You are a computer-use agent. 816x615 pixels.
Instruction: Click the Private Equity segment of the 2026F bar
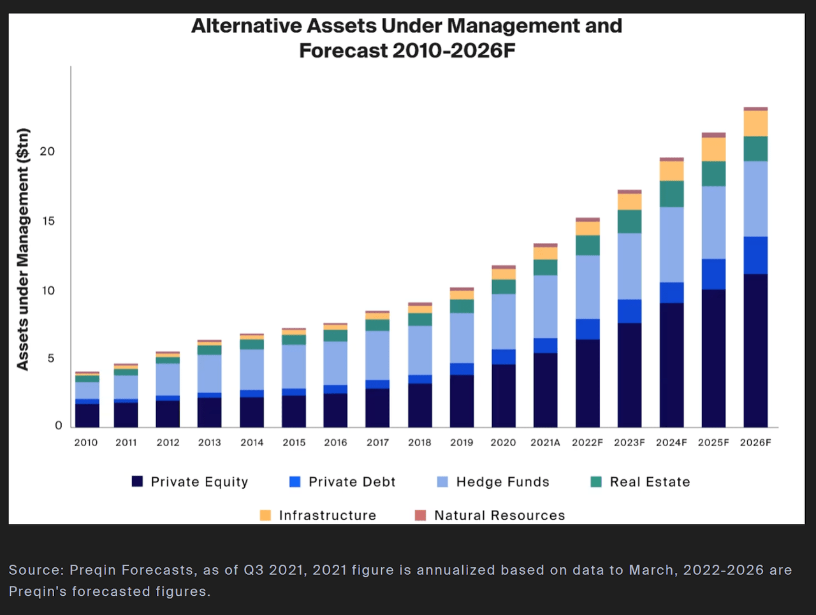point(755,351)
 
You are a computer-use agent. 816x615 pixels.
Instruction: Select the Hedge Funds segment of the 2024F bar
point(671,245)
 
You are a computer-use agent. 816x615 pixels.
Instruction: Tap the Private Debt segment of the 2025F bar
point(713,274)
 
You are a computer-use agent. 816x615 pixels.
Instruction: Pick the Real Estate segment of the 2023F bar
point(629,222)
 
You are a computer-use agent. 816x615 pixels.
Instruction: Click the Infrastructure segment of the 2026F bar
point(755,124)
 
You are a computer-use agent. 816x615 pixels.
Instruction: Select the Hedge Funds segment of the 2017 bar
point(377,356)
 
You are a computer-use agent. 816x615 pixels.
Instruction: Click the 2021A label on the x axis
point(545,442)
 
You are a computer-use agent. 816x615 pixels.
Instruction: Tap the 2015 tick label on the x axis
point(294,442)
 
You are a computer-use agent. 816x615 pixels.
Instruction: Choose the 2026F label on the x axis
point(755,442)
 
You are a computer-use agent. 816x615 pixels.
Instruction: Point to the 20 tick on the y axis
point(48,152)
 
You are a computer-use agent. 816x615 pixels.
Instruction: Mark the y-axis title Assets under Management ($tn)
point(23,249)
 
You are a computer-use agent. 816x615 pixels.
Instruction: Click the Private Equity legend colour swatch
point(137,481)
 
